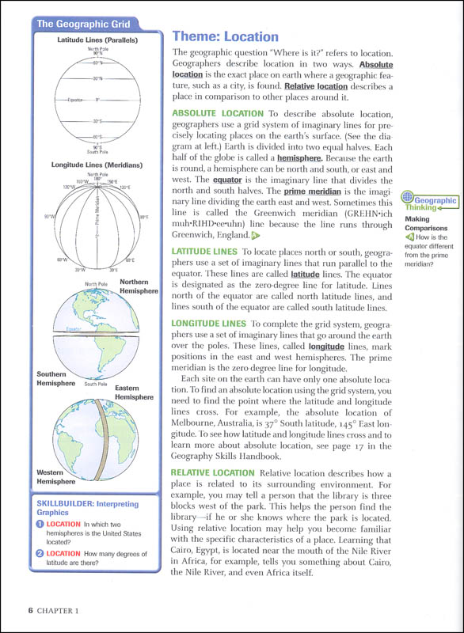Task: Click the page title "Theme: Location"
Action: point(226,36)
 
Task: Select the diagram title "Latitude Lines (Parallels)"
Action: point(98,40)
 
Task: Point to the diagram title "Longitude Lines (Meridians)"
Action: point(98,165)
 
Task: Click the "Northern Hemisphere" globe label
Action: point(134,286)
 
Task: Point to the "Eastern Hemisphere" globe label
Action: point(134,392)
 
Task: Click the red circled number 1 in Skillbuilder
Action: point(39,524)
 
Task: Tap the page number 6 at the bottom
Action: point(29,610)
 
